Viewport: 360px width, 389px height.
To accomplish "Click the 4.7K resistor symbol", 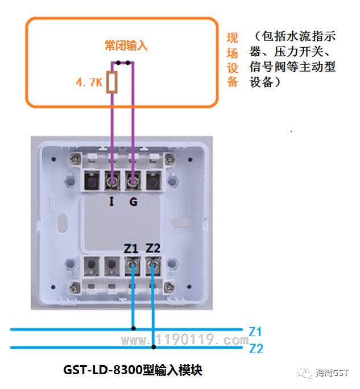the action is click(x=112, y=82).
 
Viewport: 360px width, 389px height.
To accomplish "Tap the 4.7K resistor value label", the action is click(x=89, y=82).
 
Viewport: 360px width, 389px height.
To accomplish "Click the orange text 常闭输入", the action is click(x=126, y=45).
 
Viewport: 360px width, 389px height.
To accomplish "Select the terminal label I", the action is click(x=111, y=201).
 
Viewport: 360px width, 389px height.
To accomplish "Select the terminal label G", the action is click(x=134, y=202).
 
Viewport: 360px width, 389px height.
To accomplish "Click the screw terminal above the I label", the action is click(x=112, y=181).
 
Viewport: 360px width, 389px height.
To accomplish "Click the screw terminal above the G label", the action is click(x=133, y=181).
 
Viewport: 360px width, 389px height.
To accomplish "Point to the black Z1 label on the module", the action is click(x=131, y=249).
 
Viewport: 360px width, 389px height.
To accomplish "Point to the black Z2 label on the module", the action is click(x=153, y=249).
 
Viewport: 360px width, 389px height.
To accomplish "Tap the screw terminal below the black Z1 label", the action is click(x=132, y=266).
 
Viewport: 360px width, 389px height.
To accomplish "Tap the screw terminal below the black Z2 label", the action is click(x=153, y=266).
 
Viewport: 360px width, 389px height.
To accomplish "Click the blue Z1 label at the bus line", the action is click(x=255, y=332).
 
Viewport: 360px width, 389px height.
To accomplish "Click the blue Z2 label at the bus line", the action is click(x=256, y=349).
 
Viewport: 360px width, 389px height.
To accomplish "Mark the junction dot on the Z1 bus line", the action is click(x=134, y=329).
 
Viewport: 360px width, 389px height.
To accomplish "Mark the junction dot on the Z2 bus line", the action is click(x=154, y=347).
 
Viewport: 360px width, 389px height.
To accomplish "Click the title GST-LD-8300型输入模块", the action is click(x=133, y=370).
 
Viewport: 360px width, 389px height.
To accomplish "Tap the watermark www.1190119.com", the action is click(x=185, y=340).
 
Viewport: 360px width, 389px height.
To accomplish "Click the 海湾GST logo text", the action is click(x=332, y=373).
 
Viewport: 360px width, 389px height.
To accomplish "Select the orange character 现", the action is click(x=232, y=38).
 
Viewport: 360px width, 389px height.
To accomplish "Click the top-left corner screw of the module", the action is click(x=75, y=158).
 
